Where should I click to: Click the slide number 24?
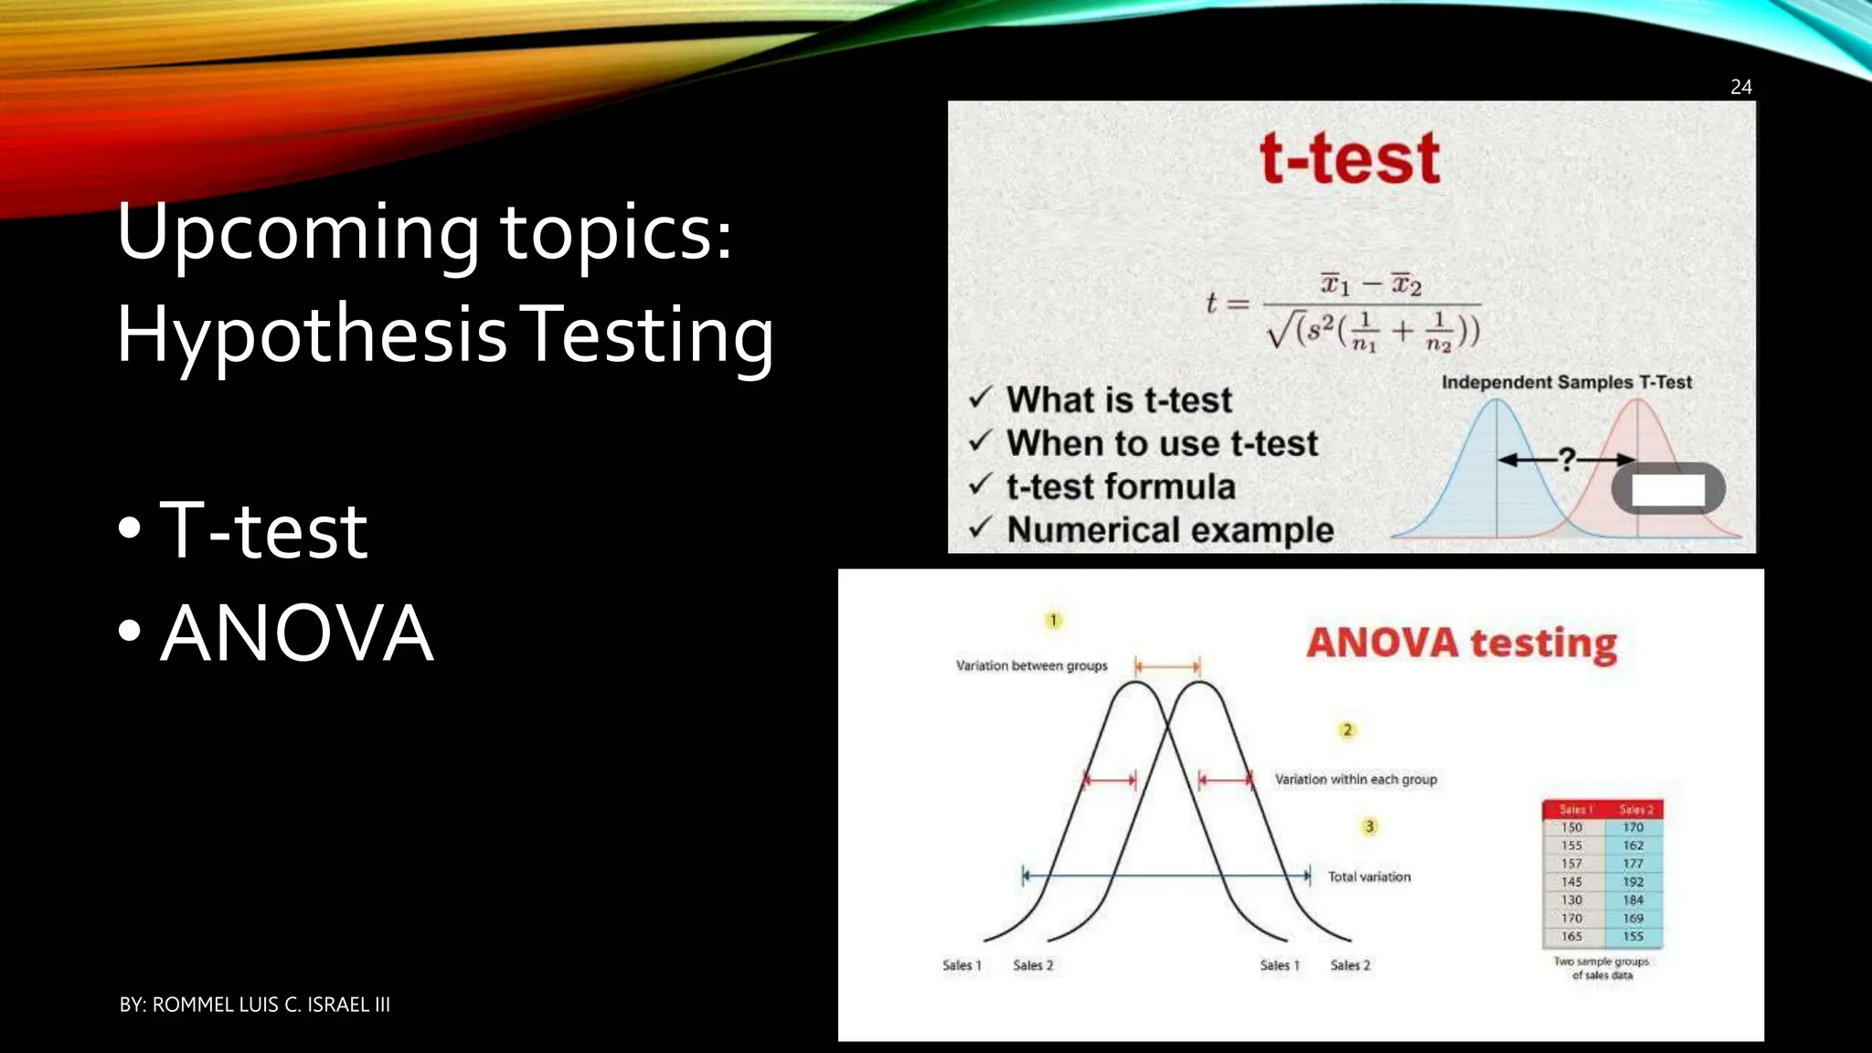click(x=1740, y=87)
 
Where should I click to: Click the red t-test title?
click(x=1350, y=159)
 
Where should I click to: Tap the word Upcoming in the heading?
click(x=297, y=233)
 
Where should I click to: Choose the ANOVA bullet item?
click(x=296, y=633)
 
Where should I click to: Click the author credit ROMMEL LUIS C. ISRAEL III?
click(x=255, y=1005)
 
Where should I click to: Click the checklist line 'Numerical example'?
click(x=1170, y=530)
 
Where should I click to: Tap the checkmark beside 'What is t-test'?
click(x=980, y=398)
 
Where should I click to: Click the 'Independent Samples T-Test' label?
click(x=1567, y=382)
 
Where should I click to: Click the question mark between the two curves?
click(x=1567, y=459)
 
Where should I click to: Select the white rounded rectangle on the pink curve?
click(x=1668, y=489)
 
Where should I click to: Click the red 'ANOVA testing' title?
click(x=1462, y=643)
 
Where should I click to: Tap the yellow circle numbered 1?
click(x=1053, y=621)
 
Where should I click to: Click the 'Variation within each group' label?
click(x=1356, y=779)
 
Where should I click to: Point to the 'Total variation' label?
click(x=1368, y=877)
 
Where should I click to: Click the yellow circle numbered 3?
click(x=1369, y=826)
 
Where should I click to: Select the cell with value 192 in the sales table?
click(x=1633, y=882)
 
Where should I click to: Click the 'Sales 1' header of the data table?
click(x=1574, y=810)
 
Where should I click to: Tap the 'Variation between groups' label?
click(x=1031, y=665)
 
